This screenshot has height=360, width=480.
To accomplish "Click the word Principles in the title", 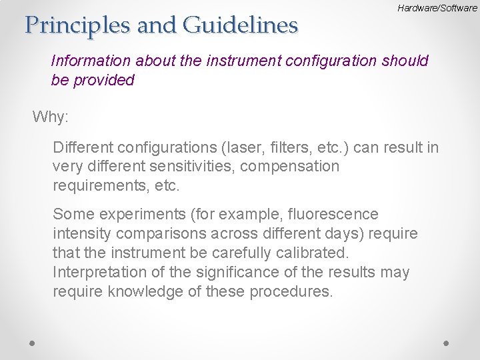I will (73, 25).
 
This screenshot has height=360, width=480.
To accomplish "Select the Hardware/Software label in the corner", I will (437, 9).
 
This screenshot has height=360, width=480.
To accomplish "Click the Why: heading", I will (51, 117).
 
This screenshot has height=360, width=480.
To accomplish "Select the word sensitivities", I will (181, 166).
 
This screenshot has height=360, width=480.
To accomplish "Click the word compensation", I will (289, 166).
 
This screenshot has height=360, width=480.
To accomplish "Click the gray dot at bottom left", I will (33, 342).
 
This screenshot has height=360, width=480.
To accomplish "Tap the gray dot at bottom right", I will (447, 342).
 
